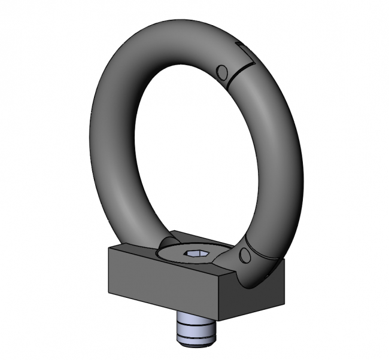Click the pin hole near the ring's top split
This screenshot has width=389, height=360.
(x=223, y=73)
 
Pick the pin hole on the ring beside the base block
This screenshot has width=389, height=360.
(x=244, y=257)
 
